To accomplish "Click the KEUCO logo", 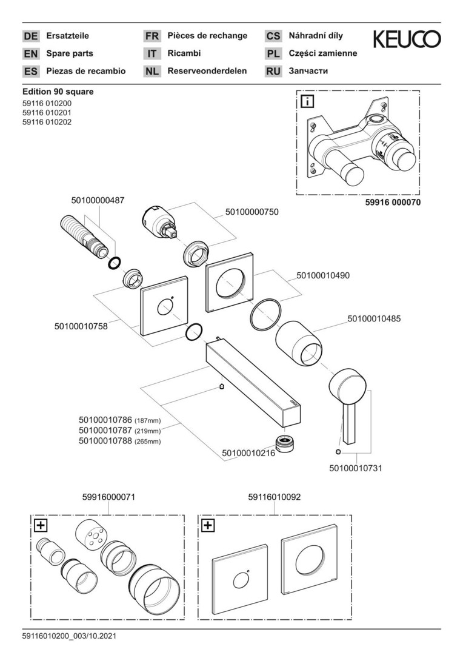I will click(x=407, y=40).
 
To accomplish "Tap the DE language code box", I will click(x=30, y=36).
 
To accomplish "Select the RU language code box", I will click(x=273, y=71).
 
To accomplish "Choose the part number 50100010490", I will click(x=323, y=275).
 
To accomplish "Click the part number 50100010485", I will click(x=374, y=318).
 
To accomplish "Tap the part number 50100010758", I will click(x=81, y=326).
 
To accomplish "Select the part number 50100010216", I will click(x=248, y=452).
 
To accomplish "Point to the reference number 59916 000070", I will click(x=393, y=203).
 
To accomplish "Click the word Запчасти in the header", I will click(x=308, y=71).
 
